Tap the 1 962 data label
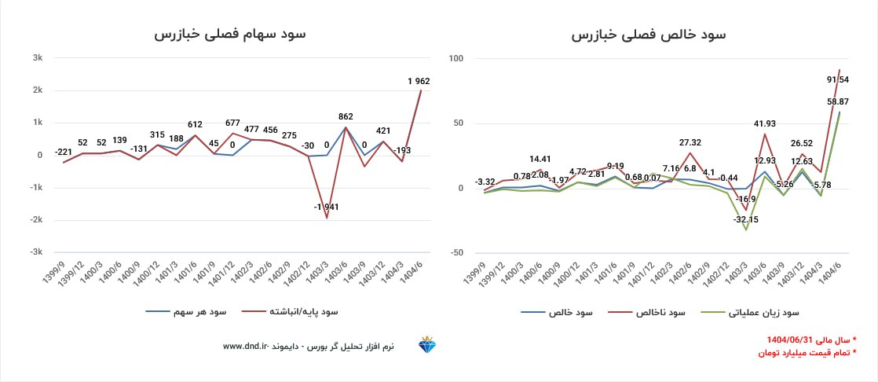(419, 81)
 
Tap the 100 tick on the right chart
(456, 58)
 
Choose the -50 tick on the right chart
(456, 252)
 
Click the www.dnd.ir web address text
(246, 347)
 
